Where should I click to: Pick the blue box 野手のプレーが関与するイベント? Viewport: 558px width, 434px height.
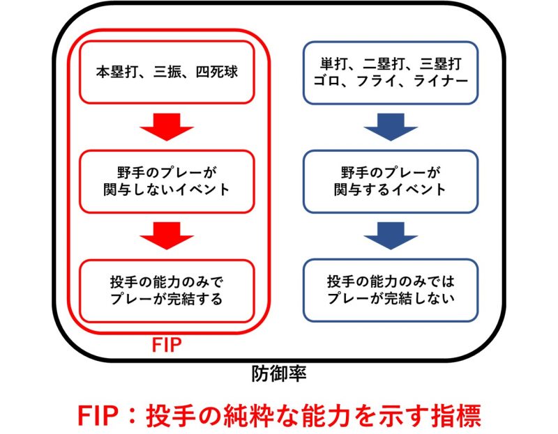[x=390, y=180]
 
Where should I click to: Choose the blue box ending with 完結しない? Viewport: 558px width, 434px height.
[x=390, y=290]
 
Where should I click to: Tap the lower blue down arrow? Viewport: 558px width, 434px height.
[x=390, y=235]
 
